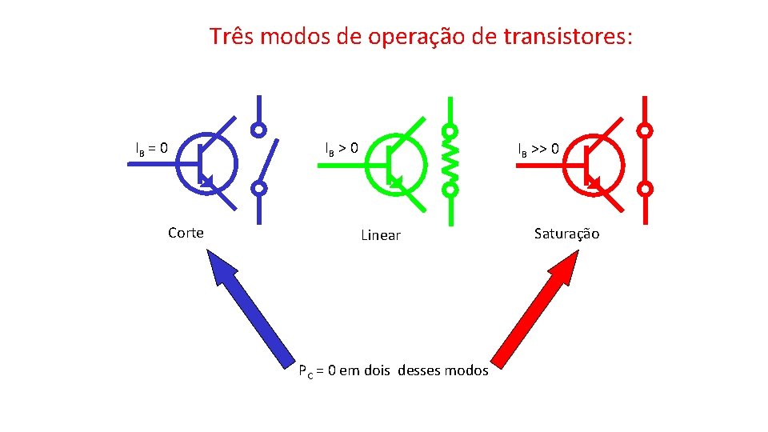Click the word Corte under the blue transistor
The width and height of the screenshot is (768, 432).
pyautogui.click(x=186, y=233)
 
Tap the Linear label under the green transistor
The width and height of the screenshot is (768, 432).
pyautogui.click(x=380, y=235)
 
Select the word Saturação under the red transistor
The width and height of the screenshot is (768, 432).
pyautogui.click(x=566, y=234)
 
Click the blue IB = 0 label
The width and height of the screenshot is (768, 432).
pyautogui.click(x=151, y=148)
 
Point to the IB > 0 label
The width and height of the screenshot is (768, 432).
pyautogui.click(x=342, y=148)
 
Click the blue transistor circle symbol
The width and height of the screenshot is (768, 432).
pyautogui.click(x=206, y=163)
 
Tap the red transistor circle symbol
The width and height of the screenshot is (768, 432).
pyautogui.click(x=592, y=163)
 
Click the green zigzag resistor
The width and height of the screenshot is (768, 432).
pyautogui.click(x=450, y=160)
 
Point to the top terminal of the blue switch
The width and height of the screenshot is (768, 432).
pyautogui.click(x=258, y=129)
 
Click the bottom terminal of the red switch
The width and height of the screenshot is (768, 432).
pyautogui.click(x=646, y=189)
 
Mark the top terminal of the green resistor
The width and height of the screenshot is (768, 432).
pyautogui.click(x=450, y=130)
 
